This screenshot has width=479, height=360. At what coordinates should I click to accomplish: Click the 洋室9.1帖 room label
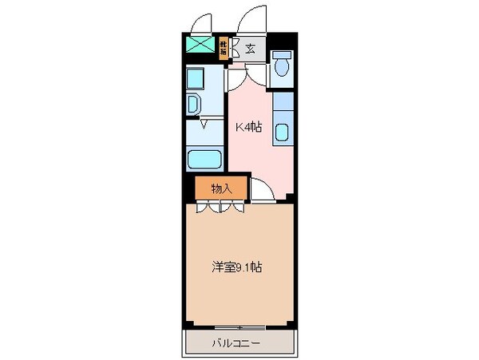(238, 268)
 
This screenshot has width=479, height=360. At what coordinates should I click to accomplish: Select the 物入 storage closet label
(221, 188)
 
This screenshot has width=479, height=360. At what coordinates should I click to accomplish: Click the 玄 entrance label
(251, 49)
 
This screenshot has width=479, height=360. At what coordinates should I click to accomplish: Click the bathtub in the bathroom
(204, 159)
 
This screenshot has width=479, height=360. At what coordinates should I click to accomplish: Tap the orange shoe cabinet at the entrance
(223, 48)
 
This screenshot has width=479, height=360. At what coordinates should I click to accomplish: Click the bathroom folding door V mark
(204, 125)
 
